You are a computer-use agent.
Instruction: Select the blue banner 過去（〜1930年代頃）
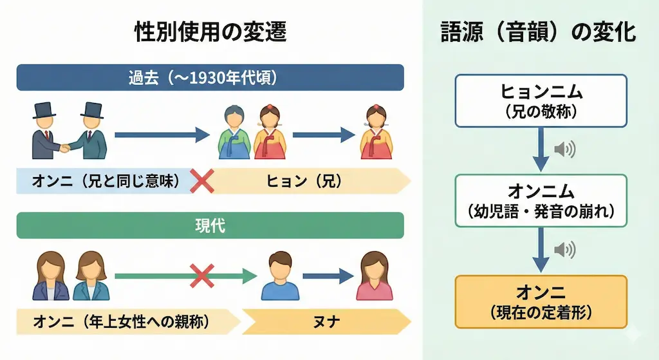[210, 78]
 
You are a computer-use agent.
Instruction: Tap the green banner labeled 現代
[210, 226]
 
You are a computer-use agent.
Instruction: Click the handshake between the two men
[66, 148]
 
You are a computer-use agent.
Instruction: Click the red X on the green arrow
[201, 277]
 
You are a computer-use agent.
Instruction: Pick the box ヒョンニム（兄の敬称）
[541, 100]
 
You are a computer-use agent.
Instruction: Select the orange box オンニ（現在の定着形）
[541, 301]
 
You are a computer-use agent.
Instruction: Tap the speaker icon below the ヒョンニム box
[564, 149]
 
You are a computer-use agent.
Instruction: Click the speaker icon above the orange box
[564, 250]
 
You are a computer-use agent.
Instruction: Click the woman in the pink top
[374, 277]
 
